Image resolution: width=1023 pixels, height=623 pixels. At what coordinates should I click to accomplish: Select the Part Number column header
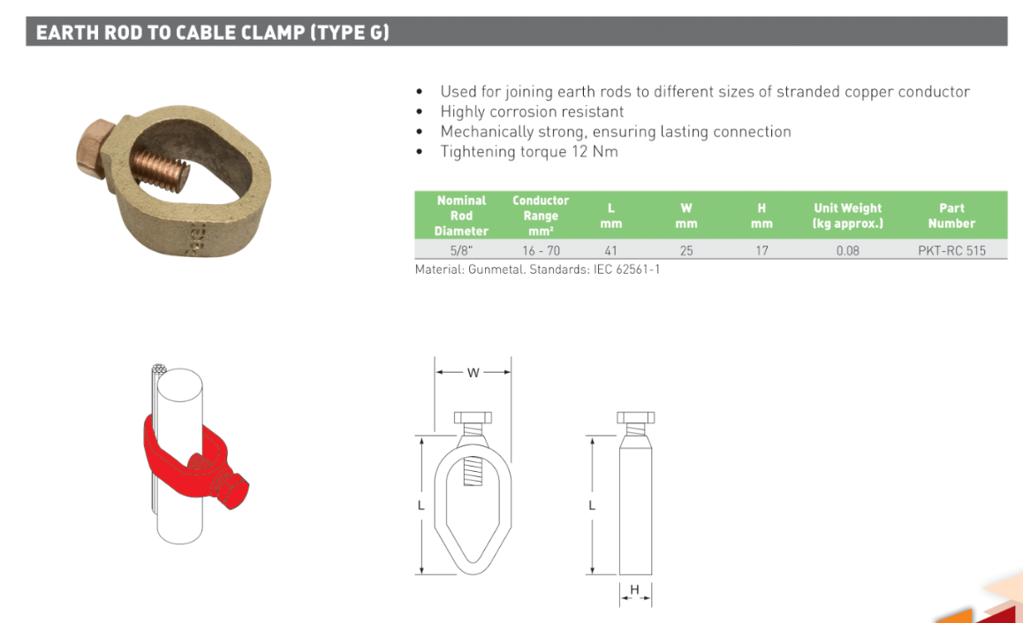[x=951, y=216]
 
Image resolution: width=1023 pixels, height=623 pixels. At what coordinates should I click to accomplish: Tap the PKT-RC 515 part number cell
[x=951, y=250]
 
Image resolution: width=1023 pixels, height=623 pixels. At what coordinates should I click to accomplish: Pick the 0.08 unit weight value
[x=847, y=250]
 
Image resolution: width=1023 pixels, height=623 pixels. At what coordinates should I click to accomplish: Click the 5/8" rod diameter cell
[x=460, y=250]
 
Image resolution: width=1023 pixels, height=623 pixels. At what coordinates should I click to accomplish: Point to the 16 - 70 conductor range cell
[x=541, y=250]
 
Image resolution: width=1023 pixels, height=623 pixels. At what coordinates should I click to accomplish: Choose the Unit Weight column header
[x=847, y=216]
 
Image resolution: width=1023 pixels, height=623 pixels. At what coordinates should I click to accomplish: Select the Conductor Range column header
[x=540, y=216]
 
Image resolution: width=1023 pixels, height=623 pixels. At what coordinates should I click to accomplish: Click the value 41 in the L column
[x=610, y=250]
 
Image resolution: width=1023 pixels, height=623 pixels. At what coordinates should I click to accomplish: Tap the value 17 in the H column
[x=762, y=250]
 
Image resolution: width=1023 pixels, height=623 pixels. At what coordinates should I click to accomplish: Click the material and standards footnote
[x=537, y=270]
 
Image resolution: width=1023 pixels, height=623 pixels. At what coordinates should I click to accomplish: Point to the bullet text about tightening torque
[x=529, y=151]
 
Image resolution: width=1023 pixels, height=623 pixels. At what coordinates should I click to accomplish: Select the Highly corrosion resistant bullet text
[x=532, y=111]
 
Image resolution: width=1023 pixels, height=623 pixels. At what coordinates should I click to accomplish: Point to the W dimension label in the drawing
[x=473, y=373]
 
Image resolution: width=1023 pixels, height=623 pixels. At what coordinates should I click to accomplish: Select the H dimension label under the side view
[x=634, y=589]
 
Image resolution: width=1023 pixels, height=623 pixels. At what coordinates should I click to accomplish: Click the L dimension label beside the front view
[x=421, y=505]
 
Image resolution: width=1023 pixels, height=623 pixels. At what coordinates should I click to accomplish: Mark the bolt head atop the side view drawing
[x=635, y=417]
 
